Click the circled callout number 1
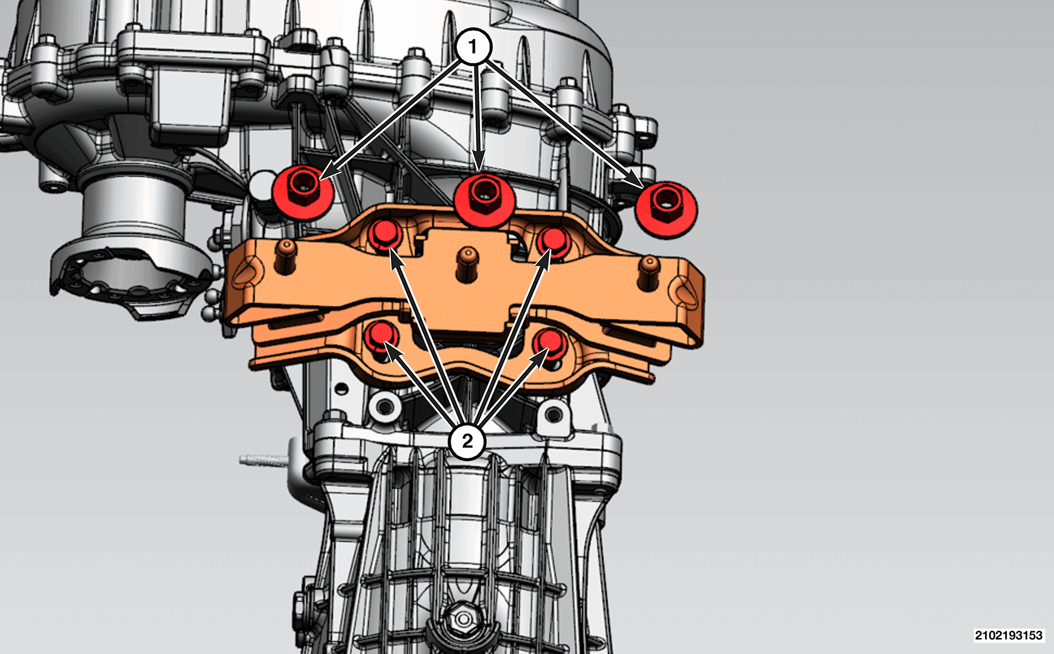coord(473,47)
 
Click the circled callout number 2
coord(467,441)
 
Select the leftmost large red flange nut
coord(303,191)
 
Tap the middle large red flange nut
coord(485,199)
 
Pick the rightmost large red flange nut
coord(666,209)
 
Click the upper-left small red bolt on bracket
coord(384,236)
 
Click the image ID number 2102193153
coord(1008,635)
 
